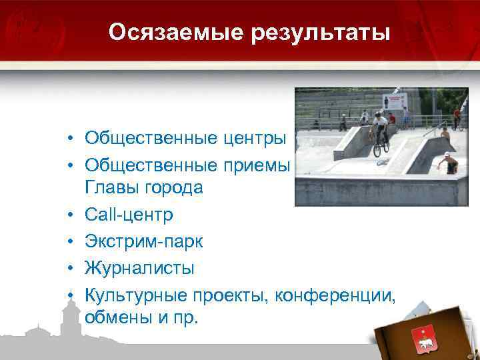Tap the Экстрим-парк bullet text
[x=144, y=241]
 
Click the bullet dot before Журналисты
[x=69, y=269]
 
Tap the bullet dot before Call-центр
[x=69, y=216]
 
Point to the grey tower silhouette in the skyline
[x=67, y=317]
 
